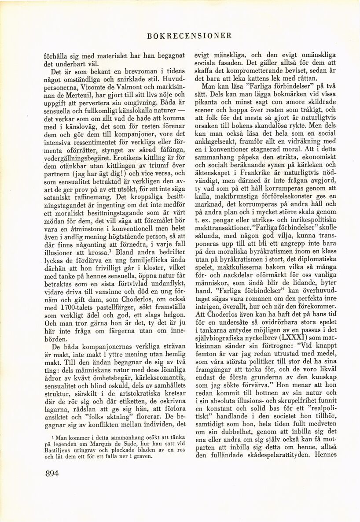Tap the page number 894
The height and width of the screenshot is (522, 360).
coord(53,474)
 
